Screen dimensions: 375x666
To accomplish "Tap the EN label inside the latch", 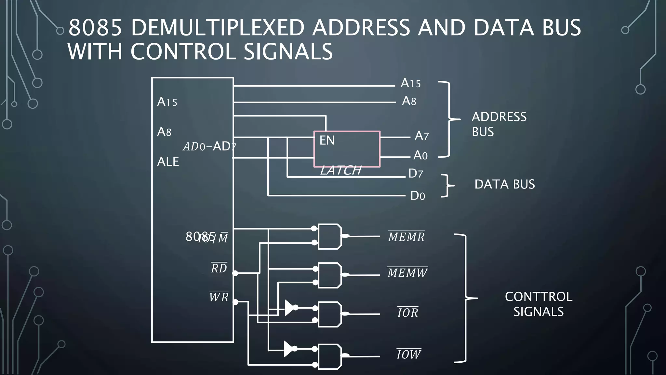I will tap(327, 140).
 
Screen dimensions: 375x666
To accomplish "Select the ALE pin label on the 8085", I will tap(168, 161).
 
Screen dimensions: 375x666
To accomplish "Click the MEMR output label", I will tap(406, 237).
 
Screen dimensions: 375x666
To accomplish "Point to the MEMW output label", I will tap(407, 272).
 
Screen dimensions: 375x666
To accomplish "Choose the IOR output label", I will tap(408, 312).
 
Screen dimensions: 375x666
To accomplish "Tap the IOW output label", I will tap(409, 354).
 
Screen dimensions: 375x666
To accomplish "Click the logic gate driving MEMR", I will tap(329, 237).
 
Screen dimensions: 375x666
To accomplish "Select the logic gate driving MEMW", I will tap(329, 275).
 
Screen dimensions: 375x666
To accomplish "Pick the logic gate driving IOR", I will tap(329, 314).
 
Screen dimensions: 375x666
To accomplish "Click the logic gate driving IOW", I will tap(329, 356).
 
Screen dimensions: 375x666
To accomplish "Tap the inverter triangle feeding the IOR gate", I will tap(289, 308).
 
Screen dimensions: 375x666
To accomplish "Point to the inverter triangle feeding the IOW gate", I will tap(288, 349).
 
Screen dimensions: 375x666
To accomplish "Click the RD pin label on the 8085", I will tap(219, 268).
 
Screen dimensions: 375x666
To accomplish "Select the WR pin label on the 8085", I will tap(219, 297).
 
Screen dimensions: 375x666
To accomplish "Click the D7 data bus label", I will tap(416, 174).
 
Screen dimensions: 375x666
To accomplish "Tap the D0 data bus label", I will tap(418, 196).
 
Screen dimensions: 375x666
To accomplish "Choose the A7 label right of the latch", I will tap(422, 135).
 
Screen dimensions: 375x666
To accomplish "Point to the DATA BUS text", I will tap(504, 184).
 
